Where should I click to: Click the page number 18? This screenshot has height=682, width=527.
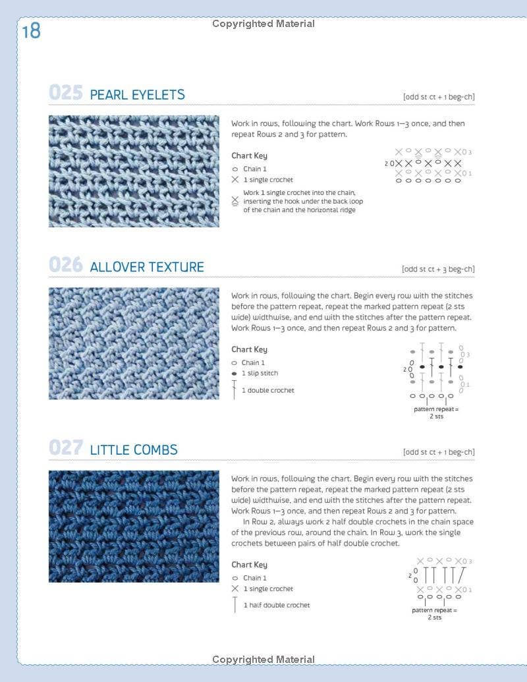point(31,31)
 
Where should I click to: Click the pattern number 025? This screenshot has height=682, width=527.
point(66,93)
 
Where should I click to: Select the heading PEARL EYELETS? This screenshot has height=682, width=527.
point(137,95)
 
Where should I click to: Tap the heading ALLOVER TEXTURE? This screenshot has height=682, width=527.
point(147,267)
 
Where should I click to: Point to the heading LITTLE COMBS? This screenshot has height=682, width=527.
point(134,450)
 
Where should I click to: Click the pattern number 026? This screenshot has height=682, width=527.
point(66,266)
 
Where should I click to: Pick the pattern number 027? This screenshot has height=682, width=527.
point(66,448)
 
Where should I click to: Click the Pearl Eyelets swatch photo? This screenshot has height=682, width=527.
point(134,171)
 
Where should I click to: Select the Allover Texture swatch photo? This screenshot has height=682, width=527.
point(134,343)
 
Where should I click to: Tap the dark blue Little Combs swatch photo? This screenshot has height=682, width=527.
point(134,526)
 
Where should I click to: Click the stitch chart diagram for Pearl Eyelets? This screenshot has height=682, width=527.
point(429,165)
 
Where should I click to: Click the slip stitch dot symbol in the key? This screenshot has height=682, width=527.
point(235,374)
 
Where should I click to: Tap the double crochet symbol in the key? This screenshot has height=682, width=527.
point(235,390)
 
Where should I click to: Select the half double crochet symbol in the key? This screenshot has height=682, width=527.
point(235,605)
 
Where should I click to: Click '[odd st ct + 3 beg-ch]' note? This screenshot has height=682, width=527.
point(438,269)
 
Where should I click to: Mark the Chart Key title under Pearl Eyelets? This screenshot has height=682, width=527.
point(249,156)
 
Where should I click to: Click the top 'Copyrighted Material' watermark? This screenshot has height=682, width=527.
point(263,24)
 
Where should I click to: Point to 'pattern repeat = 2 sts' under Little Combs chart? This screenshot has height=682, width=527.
point(435,613)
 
